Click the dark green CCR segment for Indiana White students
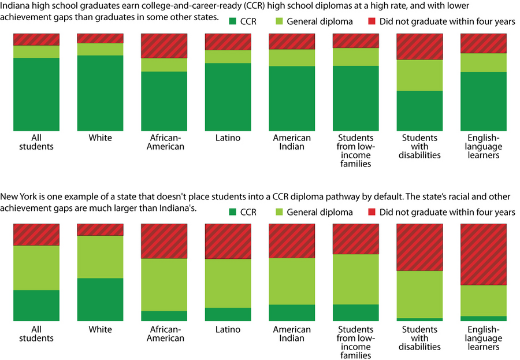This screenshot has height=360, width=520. coord(100,92)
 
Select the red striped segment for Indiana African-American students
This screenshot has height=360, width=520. coord(164,46)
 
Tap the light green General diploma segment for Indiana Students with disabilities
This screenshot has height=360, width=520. coord(419,75)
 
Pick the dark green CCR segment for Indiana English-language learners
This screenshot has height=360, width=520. coord(483,101)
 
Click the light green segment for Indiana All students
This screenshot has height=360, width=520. coord(36,51)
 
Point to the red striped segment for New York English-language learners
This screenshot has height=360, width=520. coord(483,254)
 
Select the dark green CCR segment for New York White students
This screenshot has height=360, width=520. coord(100,299)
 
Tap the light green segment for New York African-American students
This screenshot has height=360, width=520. coord(164,284)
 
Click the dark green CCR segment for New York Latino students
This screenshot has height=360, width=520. coord(228,314)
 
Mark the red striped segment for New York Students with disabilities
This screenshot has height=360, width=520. coord(419,247)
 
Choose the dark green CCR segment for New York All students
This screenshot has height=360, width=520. coord(36,305)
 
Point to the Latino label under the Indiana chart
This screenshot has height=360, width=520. coord(228,138)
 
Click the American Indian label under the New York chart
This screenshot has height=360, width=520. coord(292,334)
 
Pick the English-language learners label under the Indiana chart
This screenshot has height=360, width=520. coord(483,146)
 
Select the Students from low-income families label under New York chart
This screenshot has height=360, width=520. coord(355,342)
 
